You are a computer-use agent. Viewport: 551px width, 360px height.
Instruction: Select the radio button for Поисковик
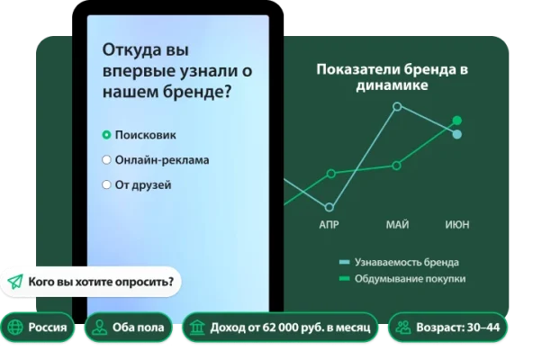(106, 135)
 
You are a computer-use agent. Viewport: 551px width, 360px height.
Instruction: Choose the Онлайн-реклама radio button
(106, 160)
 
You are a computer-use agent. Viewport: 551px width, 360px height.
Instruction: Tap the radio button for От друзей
(106, 185)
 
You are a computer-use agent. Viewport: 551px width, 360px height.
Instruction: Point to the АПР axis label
(329, 224)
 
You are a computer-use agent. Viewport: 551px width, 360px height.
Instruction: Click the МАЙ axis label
(397, 224)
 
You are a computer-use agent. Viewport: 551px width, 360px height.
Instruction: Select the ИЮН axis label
(456, 224)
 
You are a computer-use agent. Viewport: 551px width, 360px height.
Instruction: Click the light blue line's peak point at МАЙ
(397, 106)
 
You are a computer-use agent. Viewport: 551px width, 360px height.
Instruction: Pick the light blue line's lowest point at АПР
(330, 207)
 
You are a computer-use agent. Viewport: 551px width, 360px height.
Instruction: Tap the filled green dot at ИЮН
(456, 120)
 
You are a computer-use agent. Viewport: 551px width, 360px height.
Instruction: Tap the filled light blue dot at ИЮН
(456, 134)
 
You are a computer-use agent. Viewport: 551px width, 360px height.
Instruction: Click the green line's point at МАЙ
(397, 165)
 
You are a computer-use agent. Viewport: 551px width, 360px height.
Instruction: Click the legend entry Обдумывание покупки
(397, 279)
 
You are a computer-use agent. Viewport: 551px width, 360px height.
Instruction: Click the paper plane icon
(15, 282)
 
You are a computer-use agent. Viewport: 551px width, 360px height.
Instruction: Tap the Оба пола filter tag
(130, 328)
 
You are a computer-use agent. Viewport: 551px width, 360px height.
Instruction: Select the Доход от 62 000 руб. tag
(280, 328)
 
